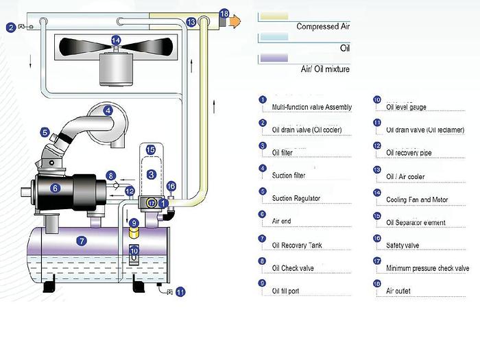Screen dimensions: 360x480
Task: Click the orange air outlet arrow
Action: (x=235, y=21)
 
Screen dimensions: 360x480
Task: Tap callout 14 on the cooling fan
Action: (x=116, y=40)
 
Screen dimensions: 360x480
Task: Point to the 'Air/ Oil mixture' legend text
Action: (x=326, y=69)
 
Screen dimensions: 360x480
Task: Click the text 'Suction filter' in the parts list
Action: (x=289, y=176)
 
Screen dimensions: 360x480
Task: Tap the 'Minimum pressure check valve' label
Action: (x=427, y=269)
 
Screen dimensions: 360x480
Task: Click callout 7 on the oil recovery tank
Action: (x=82, y=241)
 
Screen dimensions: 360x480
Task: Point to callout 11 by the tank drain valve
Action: (x=180, y=291)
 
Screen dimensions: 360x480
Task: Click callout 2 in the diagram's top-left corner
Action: (x=11, y=27)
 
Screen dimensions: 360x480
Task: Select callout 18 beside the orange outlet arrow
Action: (x=224, y=14)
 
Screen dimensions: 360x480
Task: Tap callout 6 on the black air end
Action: (x=56, y=187)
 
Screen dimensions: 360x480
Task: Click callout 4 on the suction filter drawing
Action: (x=108, y=110)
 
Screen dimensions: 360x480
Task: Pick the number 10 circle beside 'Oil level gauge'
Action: (x=376, y=99)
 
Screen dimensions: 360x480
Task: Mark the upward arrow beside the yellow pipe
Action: (x=217, y=106)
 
